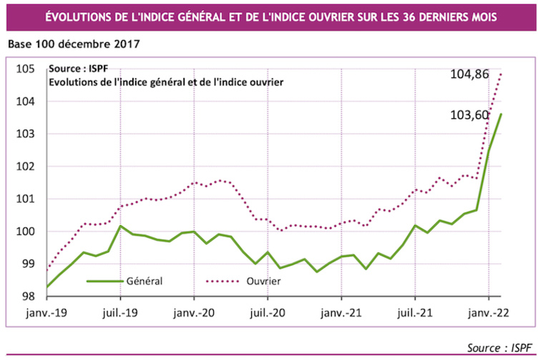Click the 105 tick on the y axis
tap(26, 69)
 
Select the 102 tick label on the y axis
tap(26, 167)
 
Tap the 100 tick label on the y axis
tap(26, 231)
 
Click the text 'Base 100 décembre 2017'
tap(73, 44)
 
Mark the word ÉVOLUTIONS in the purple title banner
tap(81, 15)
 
